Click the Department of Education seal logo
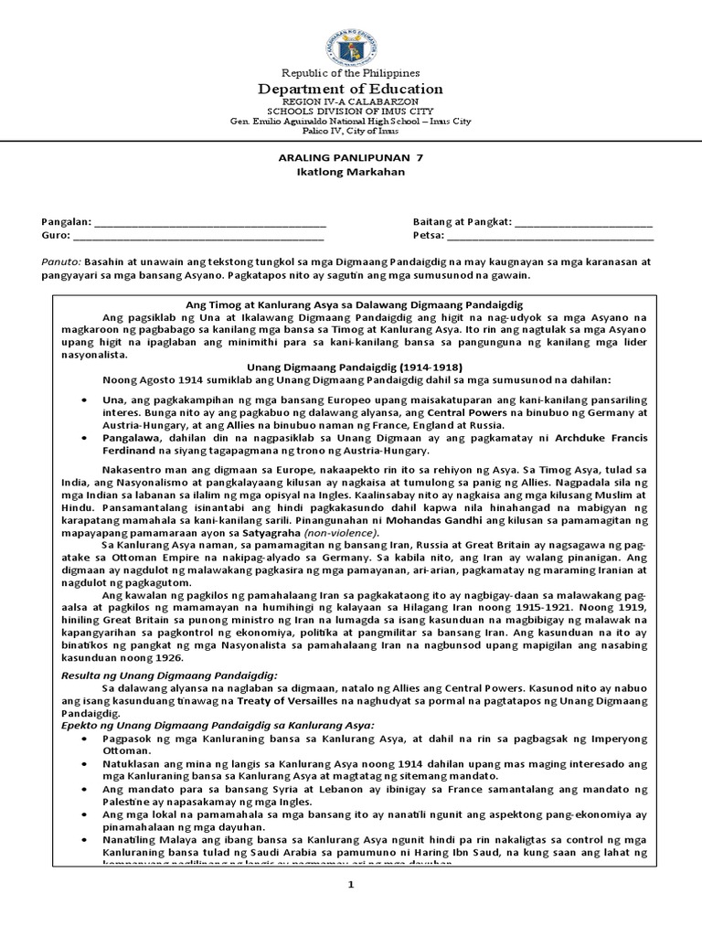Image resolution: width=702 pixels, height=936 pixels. coord(350,39)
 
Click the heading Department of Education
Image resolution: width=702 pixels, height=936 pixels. coord(351,89)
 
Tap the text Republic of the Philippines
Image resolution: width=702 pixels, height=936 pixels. coord(351,72)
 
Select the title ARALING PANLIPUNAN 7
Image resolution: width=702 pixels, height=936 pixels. coord(351,157)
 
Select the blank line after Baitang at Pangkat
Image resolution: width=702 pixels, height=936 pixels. coord(584,222)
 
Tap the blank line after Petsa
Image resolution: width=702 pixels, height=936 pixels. coord(549,236)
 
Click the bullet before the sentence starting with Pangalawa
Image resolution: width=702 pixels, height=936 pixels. coord(84,438)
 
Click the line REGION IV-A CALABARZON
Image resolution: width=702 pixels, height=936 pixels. coord(351,102)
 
